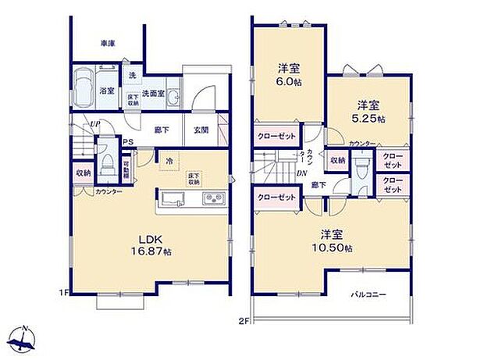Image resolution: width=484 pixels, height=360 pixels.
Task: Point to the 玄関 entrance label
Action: point(200,130)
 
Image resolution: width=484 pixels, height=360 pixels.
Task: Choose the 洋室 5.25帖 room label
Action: point(368,111)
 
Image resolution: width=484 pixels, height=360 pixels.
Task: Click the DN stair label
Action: point(301,174)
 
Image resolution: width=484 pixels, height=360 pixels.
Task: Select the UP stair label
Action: point(94,124)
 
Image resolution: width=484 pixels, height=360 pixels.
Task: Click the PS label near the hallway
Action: point(126,142)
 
